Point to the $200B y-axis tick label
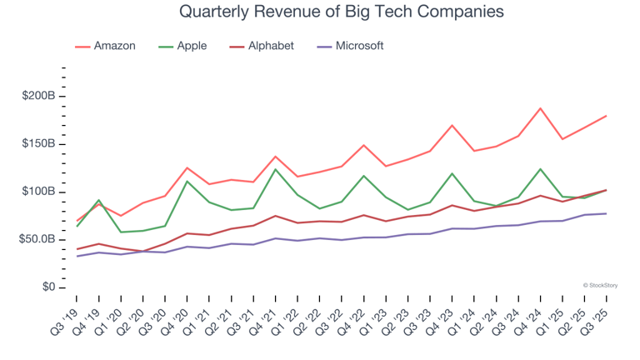coord(38,96)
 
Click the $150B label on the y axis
coord(38,144)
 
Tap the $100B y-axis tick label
coord(38,192)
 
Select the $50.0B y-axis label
coord(37,239)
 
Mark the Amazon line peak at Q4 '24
coord(540,108)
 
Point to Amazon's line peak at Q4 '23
coord(452,126)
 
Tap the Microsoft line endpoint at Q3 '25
coord(606,213)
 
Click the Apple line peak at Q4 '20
coord(187,181)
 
